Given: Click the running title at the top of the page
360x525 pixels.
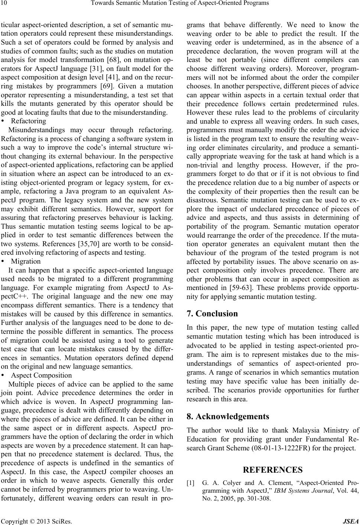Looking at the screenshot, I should (x=180, y=4).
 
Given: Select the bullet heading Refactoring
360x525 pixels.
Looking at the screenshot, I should (x=29, y=121).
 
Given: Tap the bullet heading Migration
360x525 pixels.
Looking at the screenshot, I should (x=26, y=261).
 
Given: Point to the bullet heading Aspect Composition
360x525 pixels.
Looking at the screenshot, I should (x=42, y=375).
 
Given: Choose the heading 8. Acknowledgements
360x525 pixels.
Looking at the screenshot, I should (x=227, y=416).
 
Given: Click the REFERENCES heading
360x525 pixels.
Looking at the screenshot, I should (x=272, y=470).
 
